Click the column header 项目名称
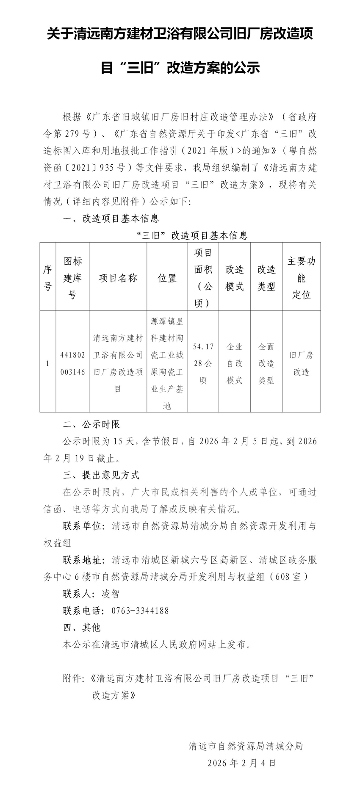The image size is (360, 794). click(118, 278)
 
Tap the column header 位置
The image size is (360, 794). click(167, 278)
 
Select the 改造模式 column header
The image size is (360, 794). click(235, 278)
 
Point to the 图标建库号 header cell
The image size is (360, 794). click(72, 278)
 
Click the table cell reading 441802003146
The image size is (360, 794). click(72, 363)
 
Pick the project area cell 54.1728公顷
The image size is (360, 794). click(203, 363)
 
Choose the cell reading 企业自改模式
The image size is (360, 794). click(235, 363)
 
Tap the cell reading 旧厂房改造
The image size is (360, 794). click(302, 363)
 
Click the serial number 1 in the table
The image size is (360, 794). click(48, 363)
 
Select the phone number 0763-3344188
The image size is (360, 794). click(140, 611)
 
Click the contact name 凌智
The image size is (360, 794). click(111, 594)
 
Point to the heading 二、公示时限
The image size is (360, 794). click(91, 424)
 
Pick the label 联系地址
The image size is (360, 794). click(83, 560)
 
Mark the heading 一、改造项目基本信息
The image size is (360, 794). click(111, 219)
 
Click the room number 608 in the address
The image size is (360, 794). click(282, 577)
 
